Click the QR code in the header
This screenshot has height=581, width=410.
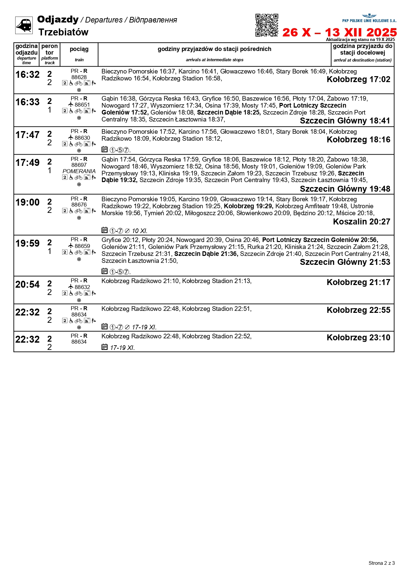pyautogui.click(x=266, y=25)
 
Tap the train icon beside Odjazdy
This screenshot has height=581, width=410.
pyautogui.click(x=24, y=25)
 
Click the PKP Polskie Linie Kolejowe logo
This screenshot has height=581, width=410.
pyautogui.click(x=369, y=19)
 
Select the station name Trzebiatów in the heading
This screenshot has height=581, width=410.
pyautogui.click(x=63, y=32)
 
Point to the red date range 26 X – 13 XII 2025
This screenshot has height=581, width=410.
pyautogui.click(x=339, y=32)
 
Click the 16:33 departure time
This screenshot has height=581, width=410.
pyautogui.click(x=27, y=102)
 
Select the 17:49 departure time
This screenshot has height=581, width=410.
pyautogui.click(x=27, y=163)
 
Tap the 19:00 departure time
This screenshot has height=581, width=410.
pyautogui.click(x=27, y=203)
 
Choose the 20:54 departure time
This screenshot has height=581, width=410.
pyautogui.click(x=27, y=285)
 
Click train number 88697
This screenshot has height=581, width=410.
pyautogui.click(x=79, y=165)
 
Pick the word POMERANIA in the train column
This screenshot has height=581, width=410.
pyautogui.click(x=79, y=171)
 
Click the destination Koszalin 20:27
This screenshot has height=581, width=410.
pyautogui.click(x=361, y=222)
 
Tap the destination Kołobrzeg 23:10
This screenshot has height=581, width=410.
pyautogui.click(x=358, y=338)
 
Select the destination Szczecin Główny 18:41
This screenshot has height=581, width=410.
pyautogui.click(x=345, y=121)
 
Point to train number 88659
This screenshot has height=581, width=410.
pyautogui.click(x=82, y=246)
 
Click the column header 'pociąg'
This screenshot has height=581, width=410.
pyautogui.click(x=79, y=49)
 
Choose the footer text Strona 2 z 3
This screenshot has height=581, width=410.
pyautogui.click(x=382, y=563)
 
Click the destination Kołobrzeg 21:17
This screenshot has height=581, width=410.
pyautogui.click(x=358, y=282)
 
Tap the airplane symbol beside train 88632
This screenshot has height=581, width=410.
pyautogui.click(x=71, y=287)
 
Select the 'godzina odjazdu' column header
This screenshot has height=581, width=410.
pyautogui.click(x=26, y=50)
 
